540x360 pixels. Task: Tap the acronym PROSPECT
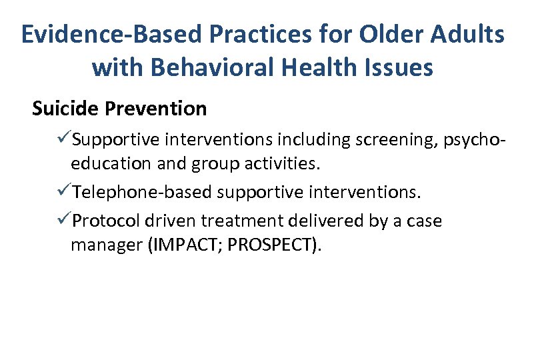tap(271, 246)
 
